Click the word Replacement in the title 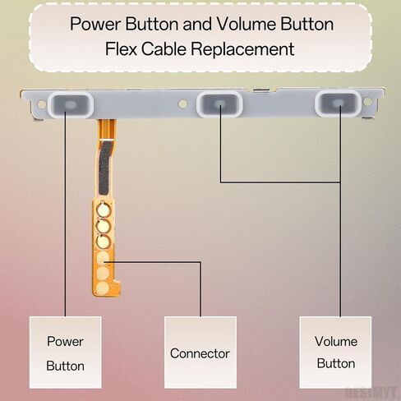[242, 49]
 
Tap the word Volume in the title [246, 24]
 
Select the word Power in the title [94, 24]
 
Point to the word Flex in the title [121, 49]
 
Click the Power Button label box [66, 353]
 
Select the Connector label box [200, 353]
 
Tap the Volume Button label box [335, 353]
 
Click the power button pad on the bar [71, 104]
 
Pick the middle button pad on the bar [219, 104]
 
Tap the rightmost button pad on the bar [339, 103]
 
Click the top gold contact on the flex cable [103, 210]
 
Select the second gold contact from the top [103, 226]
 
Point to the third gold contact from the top [103, 242]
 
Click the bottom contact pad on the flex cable [103, 288]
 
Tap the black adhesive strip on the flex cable [104, 167]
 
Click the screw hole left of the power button [42, 104]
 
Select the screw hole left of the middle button [182, 104]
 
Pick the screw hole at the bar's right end [367, 102]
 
